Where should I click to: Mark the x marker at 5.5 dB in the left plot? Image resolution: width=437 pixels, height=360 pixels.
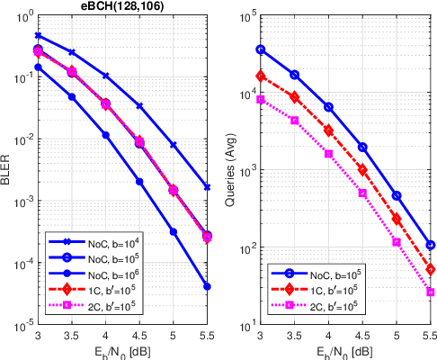[208, 187]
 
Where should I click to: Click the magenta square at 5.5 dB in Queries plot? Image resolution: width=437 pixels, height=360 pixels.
[431, 292]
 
